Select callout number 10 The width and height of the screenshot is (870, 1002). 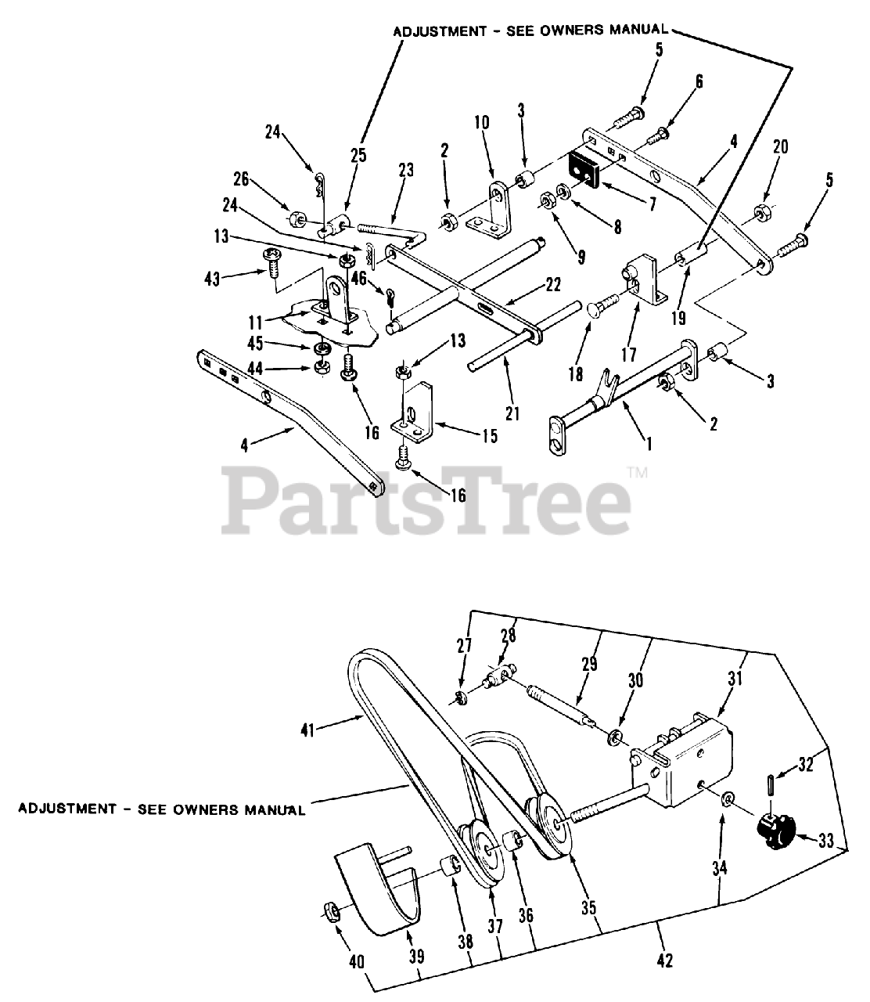(x=481, y=124)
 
